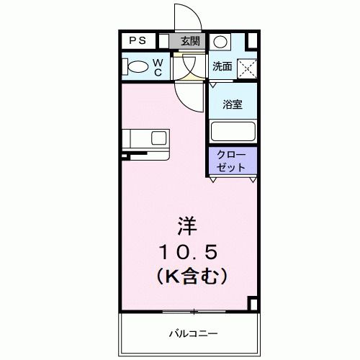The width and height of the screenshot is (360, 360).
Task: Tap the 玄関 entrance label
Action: (x=190, y=41)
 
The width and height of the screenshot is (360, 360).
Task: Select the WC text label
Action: (x=158, y=66)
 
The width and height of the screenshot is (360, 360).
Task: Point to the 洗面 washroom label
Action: (x=222, y=67)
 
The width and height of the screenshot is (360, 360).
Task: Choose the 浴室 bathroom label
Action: (x=232, y=104)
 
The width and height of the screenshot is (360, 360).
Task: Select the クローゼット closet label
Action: (x=232, y=161)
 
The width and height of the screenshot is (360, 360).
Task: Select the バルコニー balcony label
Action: (x=184, y=333)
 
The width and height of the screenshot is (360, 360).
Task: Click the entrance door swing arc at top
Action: (x=186, y=18)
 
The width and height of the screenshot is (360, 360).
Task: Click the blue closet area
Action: (x=232, y=161)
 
